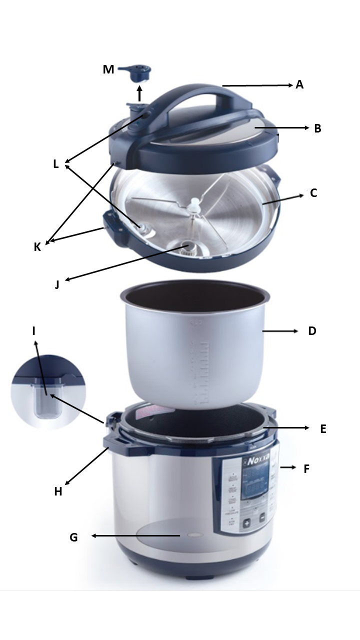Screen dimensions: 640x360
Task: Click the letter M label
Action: (x=108, y=69)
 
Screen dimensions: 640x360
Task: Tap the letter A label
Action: (x=299, y=84)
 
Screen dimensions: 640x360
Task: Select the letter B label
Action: (x=317, y=128)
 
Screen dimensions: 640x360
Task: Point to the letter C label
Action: (x=313, y=193)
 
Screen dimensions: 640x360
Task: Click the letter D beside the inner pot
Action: (x=312, y=331)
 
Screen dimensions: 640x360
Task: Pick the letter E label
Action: (x=323, y=428)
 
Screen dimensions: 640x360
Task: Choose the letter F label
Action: (x=306, y=469)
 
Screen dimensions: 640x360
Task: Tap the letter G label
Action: (x=73, y=537)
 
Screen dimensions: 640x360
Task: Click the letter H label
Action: (x=58, y=491)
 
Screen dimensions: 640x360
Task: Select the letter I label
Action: (x=33, y=331)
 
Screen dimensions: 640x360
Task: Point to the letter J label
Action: (x=57, y=285)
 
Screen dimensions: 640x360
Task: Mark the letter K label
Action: (x=37, y=247)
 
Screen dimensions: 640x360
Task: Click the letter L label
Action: (x=55, y=163)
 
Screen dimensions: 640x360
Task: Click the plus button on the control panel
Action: (x=246, y=523)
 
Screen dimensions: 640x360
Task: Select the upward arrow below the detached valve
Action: (x=139, y=93)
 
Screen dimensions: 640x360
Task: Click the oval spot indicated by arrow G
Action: (x=194, y=535)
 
